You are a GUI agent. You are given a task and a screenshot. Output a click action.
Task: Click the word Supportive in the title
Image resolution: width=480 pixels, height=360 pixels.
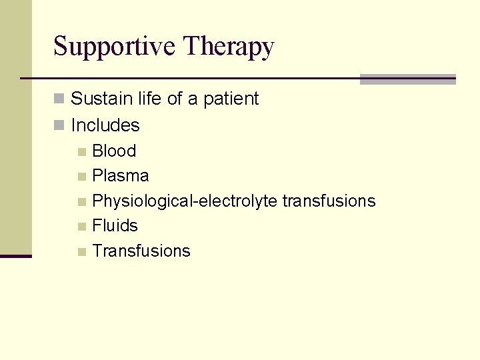pos(114,47)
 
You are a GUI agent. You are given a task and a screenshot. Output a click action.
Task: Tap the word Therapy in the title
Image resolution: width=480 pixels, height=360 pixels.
pos(227,47)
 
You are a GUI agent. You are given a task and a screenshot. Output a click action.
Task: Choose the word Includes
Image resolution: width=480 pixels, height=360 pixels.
pos(105,125)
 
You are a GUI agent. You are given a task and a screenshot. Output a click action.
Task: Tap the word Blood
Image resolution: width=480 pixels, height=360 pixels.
pos(114,151)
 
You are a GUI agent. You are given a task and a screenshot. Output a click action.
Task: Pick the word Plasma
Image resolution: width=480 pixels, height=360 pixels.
pos(121,176)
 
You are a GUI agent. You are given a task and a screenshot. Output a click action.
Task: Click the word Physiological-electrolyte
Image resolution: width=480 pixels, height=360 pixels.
pos(185,201)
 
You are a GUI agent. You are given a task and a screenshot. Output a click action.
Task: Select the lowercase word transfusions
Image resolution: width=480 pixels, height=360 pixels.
pos(329,201)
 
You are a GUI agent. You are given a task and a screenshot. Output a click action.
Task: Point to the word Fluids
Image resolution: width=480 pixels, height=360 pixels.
pos(115,226)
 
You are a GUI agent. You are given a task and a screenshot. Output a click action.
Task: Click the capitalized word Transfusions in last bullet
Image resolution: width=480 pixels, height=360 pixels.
pos(141,251)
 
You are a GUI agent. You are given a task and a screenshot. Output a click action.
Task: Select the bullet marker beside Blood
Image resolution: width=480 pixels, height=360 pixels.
pos(81,152)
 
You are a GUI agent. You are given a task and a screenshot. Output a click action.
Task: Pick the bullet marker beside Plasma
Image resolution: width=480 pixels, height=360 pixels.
pos(81,177)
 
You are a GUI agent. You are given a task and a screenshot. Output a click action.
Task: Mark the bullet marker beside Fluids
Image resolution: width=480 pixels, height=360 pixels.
pos(81,227)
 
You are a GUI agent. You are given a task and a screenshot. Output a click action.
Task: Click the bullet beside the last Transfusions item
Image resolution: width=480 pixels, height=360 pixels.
pos(81,252)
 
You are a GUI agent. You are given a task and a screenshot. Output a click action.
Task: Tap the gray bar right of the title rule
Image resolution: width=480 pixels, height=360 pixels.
pos(407,79)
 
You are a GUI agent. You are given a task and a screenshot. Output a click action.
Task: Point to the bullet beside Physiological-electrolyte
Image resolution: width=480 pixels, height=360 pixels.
pos(81,202)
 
